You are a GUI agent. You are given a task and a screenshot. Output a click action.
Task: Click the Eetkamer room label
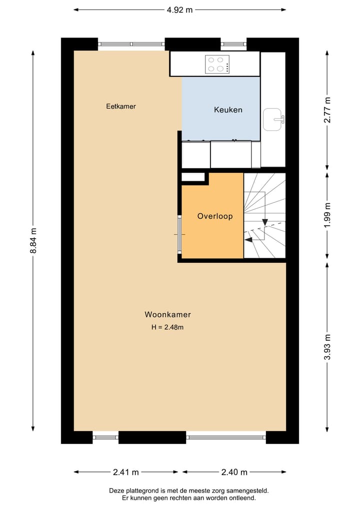(121, 106)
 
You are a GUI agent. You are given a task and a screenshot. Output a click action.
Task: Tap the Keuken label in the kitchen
(228, 110)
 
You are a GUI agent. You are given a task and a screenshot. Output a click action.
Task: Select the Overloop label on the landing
(214, 216)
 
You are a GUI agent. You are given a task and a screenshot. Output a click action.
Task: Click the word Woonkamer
(167, 315)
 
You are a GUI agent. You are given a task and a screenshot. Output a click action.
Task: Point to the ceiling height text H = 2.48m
(167, 327)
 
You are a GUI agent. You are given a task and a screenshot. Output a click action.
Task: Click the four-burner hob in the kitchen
(217, 64)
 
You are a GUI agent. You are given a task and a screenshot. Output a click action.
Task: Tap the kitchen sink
(273, 119)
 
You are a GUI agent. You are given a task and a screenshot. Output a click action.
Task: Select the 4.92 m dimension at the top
(179, 9)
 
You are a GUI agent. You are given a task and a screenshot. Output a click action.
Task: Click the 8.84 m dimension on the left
(33, 240)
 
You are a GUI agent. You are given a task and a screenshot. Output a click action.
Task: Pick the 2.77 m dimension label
(327, 110)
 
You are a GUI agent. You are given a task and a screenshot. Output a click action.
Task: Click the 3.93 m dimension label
(327, 346)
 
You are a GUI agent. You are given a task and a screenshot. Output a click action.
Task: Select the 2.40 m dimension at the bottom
(233, 472)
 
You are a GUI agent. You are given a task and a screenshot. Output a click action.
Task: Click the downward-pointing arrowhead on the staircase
(265, 222)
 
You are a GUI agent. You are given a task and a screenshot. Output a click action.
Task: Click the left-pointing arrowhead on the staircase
(248, 240)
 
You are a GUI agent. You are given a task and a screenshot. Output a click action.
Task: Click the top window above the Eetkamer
(131, 44)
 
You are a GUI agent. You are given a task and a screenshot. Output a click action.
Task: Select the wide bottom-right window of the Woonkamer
(226, 438)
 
